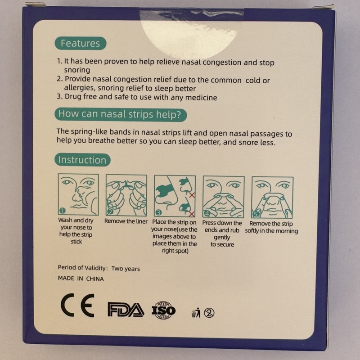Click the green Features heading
click(x=81, y=43)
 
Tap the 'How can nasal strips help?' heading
click(x=121, y=115)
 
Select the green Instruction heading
click(x=82, y=160)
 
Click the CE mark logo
click(x=77, y=305)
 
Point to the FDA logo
click(x=126, y=310)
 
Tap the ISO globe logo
click(x=163, y=310)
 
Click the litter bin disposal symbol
click(x=196, y=313)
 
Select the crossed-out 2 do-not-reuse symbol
click(x=209, y=313)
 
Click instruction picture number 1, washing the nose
click(x=78, y=194)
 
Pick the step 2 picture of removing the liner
click(x=126, y=195)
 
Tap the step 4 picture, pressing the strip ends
click(x=223, y=197)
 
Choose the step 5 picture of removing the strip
click(x=272, y=198)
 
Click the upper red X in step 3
click(x=192, y=195)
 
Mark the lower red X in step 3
click(x=191, y=214)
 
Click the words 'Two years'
click(x=126, y=269)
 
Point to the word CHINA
click(x=95, y=279)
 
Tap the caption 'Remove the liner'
click(x=126, y=221)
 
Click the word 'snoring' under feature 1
click(x=77, y=70)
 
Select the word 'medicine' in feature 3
click(x=201, y=98)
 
